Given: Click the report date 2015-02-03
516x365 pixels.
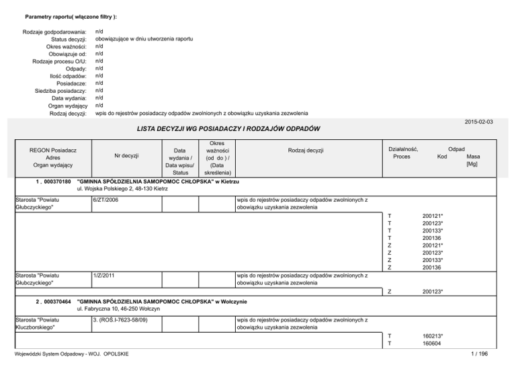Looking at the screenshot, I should (x=479, y=121).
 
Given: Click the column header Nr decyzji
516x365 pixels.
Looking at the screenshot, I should (x=126, y=156).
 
